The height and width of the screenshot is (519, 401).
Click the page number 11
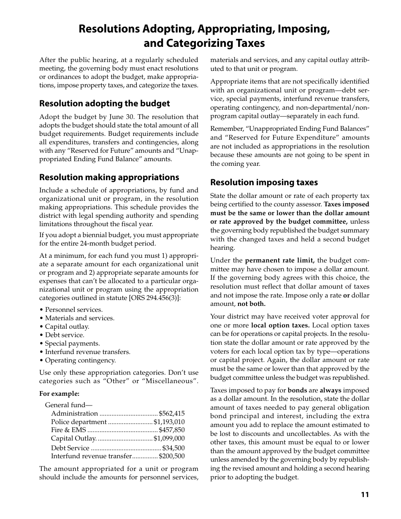coord(365,495)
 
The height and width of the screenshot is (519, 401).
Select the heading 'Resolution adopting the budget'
coord(105,103)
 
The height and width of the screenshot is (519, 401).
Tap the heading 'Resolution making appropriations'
coord(109,177)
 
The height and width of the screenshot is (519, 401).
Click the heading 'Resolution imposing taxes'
coord(264,182)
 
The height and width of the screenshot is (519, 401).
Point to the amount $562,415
coord(172,414)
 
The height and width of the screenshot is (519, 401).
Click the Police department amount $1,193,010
coord(169,422)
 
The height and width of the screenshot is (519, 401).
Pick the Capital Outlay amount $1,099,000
coord(169,438)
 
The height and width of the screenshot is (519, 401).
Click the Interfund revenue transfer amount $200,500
coord(172,456)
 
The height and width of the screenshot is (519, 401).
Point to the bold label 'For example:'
coord(60,394)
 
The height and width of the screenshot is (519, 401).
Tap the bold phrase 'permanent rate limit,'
coord(280,260)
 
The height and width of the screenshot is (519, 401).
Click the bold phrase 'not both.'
coord(252,304)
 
